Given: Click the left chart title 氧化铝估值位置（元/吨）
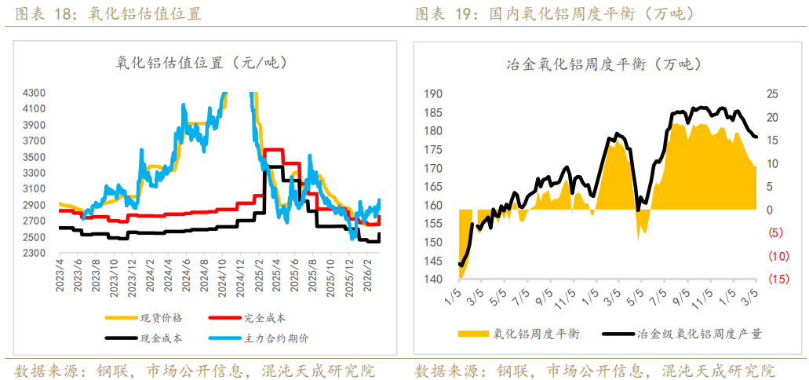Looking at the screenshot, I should tap(202, 64).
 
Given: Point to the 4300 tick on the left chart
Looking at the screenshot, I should tap(36, 93).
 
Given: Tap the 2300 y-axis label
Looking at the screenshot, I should tap(36, 254).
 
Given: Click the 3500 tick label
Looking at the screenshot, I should tap(36, 157).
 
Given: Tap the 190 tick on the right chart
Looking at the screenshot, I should tap(433, 94).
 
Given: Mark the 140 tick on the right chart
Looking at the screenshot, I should tap(433, 280).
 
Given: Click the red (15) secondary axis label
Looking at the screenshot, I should tap(778, 280).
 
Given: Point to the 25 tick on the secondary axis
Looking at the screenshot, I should tap(772, 94).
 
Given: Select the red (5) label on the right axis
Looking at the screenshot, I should tap(776, 233).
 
